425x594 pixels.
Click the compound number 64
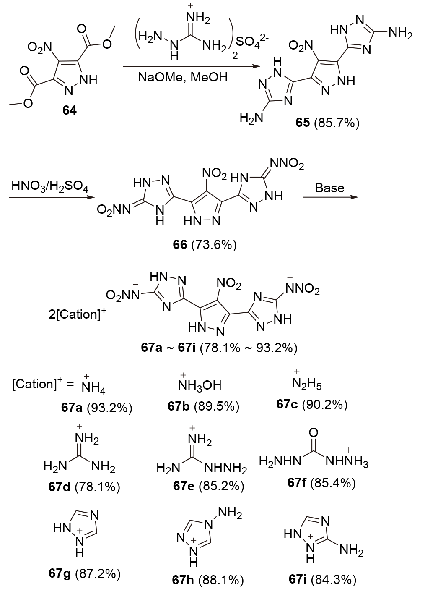[70, 111]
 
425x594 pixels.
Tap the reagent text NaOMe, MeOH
[183, 77]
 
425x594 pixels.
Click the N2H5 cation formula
[307, 383]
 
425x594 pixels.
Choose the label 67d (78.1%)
[84, 487]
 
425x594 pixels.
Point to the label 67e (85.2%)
[209, 486]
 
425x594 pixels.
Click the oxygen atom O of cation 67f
[313, 432]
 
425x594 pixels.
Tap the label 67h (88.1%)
[208, 580]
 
